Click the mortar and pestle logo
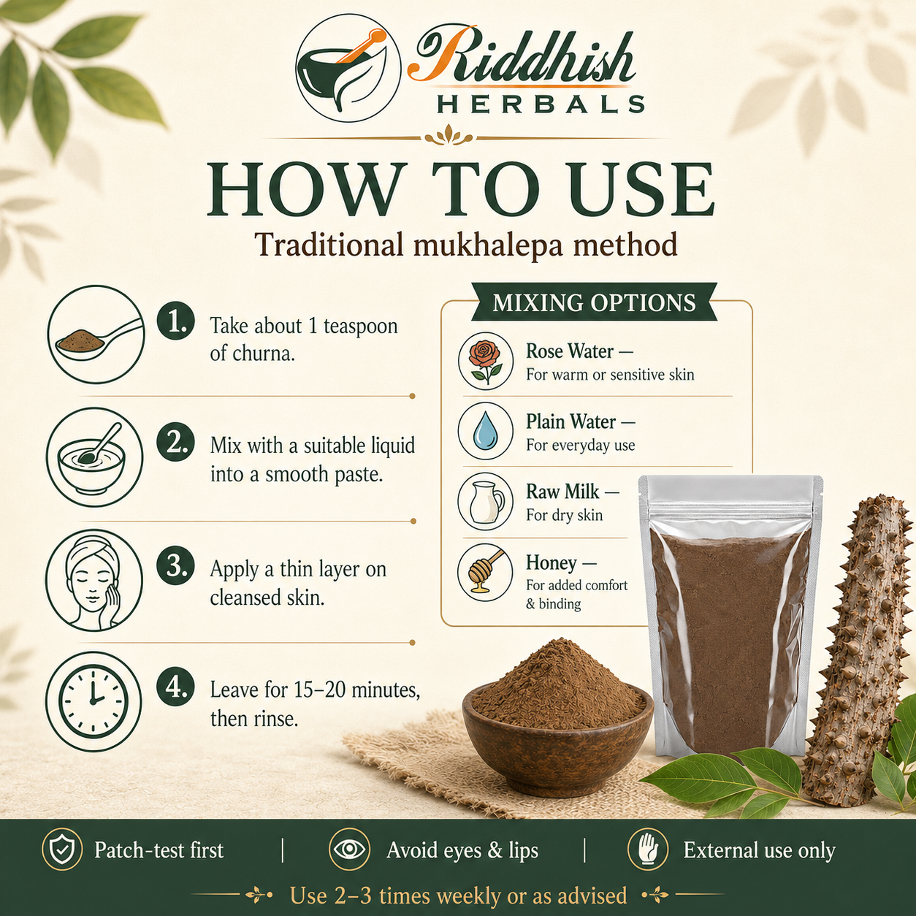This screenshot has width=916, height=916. click(348, 69)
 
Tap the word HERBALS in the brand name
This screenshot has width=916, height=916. click(540, 104)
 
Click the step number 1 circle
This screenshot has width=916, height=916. click(176, 321)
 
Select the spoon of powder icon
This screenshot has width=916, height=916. click(96, 335)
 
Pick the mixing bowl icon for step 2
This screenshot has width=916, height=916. click(94, 457)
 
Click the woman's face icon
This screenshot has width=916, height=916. click(94, 580)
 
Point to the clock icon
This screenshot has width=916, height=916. click(93, 701)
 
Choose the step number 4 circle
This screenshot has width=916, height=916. click(176, 687)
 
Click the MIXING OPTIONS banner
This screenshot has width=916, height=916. click(594, 303)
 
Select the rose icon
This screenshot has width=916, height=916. click(486, 362)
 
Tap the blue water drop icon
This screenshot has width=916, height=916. click(486, 431)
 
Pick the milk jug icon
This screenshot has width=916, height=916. click(486, 502)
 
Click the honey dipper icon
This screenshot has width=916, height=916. click(486, 573)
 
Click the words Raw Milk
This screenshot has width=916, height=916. click(562, 492)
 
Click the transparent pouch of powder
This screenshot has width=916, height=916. click(730, 616)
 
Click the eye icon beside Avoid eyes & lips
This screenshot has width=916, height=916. click(349, 850)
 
